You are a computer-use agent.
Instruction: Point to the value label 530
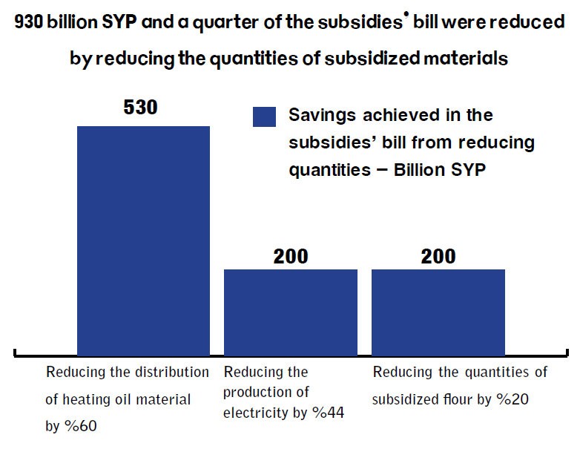coord(141,108)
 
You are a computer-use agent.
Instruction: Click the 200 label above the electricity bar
coord(291,256)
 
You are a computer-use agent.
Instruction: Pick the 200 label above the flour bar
coord(438,256)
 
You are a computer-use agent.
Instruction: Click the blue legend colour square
coord(264,117)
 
